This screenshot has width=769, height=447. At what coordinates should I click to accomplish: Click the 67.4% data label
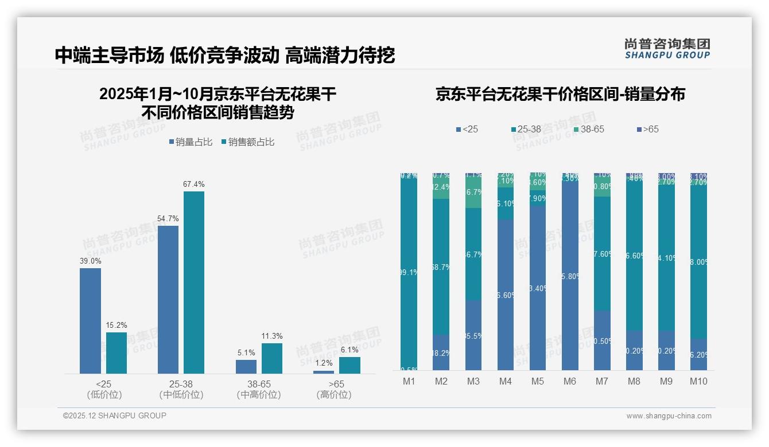pos(193,184)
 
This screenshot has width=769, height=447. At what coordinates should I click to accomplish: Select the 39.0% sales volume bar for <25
pos(90,321)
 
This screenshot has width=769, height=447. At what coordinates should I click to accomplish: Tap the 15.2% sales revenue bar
pos(116,353)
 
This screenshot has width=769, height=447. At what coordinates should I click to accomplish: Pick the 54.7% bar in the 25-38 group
pos(168,300)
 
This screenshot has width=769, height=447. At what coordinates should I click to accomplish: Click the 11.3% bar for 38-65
pos(272,358)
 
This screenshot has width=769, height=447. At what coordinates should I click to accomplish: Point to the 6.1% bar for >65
pos(349,365)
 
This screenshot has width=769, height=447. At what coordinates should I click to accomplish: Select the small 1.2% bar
pos(324,372)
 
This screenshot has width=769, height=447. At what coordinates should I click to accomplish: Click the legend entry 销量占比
pos(192,142)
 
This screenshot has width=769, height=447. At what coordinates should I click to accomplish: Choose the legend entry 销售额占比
pos(247,142)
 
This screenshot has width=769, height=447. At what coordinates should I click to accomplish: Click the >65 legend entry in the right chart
pos(647,130)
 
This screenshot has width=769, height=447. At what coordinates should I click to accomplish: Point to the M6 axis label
pos(570,381)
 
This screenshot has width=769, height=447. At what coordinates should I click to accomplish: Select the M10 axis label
pos(698,381)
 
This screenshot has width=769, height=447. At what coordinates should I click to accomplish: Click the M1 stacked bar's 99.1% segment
pos(409,273)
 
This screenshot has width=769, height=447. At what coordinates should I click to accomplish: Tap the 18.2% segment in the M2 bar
pos(441,352)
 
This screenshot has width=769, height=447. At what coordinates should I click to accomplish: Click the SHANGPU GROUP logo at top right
pos(667,49)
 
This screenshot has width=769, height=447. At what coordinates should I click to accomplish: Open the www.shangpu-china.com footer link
pos(669,416)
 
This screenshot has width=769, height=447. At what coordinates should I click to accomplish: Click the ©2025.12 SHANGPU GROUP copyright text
pos(115,416)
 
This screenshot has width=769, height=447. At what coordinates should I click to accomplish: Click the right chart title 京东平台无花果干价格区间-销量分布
pos(560,95)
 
